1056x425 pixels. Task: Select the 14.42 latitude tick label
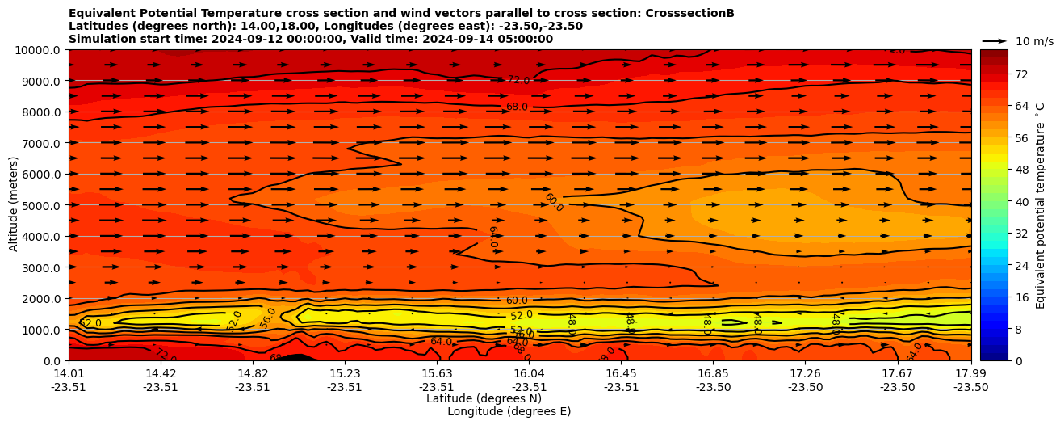[161, 373]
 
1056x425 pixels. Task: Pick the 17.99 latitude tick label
[970, 373]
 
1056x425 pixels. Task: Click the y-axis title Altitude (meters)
[14, 205]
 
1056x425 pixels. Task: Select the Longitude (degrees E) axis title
[509, 411]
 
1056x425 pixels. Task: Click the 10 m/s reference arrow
[995, 40]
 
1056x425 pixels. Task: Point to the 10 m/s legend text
[1034, 41]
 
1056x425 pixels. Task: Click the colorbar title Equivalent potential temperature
[1041, 205]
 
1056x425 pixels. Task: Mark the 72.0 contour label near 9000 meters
[518, 80]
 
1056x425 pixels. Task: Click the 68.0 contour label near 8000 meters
[517, 107]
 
